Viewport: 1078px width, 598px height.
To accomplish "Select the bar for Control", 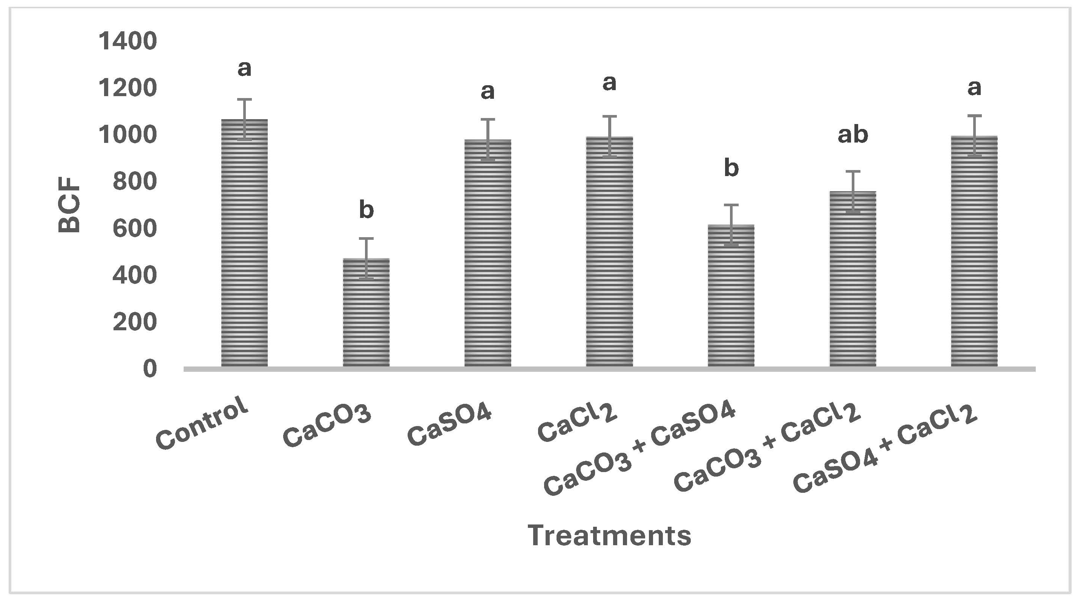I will click(244, 243).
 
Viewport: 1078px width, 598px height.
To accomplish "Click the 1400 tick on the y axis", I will click(127, 41).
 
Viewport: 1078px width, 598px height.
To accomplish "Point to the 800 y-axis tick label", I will click(134, 182).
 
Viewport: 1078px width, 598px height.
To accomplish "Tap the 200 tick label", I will click(134, 322).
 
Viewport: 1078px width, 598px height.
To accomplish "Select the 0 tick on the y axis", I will click(150, 369).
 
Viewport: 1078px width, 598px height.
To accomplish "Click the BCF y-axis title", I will click(69, 205).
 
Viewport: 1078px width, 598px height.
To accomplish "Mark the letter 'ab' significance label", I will click(853, 135).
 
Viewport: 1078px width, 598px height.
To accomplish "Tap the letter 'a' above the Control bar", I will click(244, 68).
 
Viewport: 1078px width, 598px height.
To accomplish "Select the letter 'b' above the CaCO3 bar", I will click(366, 210).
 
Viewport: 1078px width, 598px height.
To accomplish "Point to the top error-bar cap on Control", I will click(244, 100).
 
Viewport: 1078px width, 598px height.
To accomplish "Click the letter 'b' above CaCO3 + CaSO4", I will click(731, 168).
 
